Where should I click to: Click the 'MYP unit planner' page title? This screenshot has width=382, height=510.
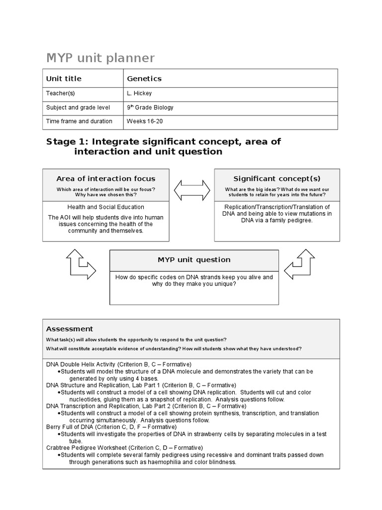pyautogui.click(x=100, y=58)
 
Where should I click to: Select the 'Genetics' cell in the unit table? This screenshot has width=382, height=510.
pyautogui.click(x=144, y=79)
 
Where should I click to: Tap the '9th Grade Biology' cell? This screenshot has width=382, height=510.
pyautogui.click(x=150, y=107)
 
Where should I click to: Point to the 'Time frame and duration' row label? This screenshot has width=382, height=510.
pyautogui.click(x=79, y=121)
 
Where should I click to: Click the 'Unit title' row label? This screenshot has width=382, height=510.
pyautogui.click(x=64, y=79)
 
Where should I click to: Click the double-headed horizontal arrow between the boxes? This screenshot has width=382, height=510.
pyautogui.click(x=191, y=190)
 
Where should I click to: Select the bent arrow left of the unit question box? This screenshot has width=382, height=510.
pyautogui.click(x=80, y=264)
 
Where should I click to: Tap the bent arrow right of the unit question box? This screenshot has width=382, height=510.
pyautogui.click(x=301, y=264)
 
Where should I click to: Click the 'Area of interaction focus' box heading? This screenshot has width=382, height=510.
pyautogui.click(x=105, y=179)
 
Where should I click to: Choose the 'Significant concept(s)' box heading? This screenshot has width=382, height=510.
pyautogui.click(x=277, y=179)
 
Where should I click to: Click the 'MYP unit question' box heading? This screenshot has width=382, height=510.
pyautogui.click(x=194, y=259)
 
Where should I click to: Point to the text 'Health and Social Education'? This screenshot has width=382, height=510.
pyautogui.click(x=105, y=207)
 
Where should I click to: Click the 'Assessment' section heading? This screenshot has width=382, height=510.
pyautogui.click(x=70, y=329)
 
